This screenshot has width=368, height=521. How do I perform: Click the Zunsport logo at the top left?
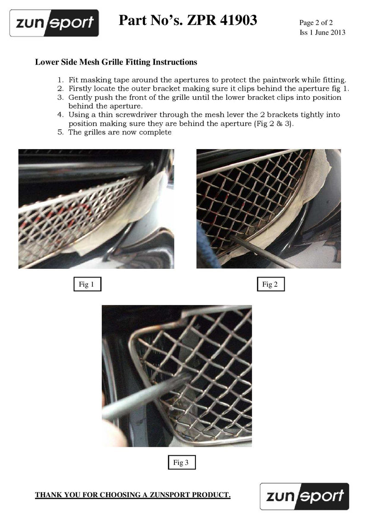click(x=54, y=23)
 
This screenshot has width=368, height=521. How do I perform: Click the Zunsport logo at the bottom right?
click(x=305, y=496)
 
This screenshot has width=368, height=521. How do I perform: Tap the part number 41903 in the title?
click(x=235, y=20)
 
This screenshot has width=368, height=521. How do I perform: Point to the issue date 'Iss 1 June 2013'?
click(x=322, y=32)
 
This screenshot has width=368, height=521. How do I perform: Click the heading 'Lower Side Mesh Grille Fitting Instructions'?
click(x=116, y=62)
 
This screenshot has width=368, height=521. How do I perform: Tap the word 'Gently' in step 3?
click(x=80, y=98)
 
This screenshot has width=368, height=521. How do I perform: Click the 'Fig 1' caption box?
click(x=87, y=284)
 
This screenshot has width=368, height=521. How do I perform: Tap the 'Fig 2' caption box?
click(x=270, y=284)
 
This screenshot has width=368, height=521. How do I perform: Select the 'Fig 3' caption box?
click(x=181, y=463)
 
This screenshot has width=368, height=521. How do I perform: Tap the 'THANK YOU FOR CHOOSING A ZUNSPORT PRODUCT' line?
click(x=133, y=495)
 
